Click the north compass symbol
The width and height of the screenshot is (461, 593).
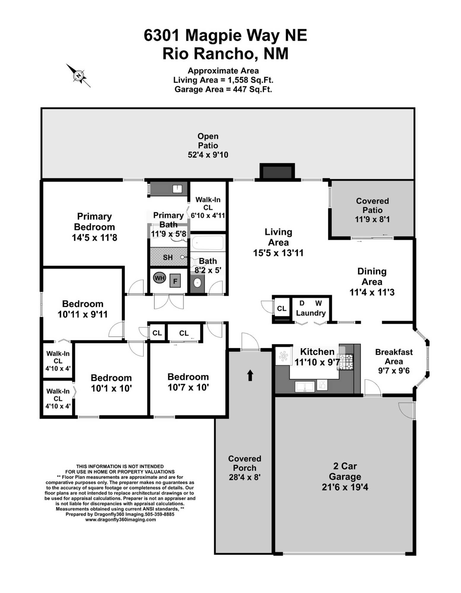pyautogui.click(x=78, y=75)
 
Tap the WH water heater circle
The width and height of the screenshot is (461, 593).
pyautogui.click(x=159, y=278)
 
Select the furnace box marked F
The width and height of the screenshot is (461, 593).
pyautogui.click(x=175, y=281)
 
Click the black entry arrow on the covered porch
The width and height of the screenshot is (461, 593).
pyautogui.click(x=250, y=375)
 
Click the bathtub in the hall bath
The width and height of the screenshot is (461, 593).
pyautogui.click(x=207, y=243)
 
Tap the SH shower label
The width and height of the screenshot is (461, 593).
pyautogui.click(x=168, y=257)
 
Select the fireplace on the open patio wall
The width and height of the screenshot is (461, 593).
pyautogui.click(x=277, y=171)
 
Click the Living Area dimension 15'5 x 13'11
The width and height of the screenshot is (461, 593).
pyautogui.click(x=278, y=253)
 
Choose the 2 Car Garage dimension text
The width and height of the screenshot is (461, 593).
pyautogui.click(x=345, y=487)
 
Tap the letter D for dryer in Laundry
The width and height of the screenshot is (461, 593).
pyautogui.click(x=302, y=303)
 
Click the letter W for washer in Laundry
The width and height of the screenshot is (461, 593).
pyautogui.click(x=319, y=303)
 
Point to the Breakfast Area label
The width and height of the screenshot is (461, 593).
pyautogui.click(x=394, y=357)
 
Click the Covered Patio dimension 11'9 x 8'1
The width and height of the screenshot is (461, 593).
pyautogui.click(x=372, y=219)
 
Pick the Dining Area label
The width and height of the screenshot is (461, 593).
pyautogui.click(x=372, y=277)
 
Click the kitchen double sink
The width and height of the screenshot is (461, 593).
pyautogui.click(x=304, y=387)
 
